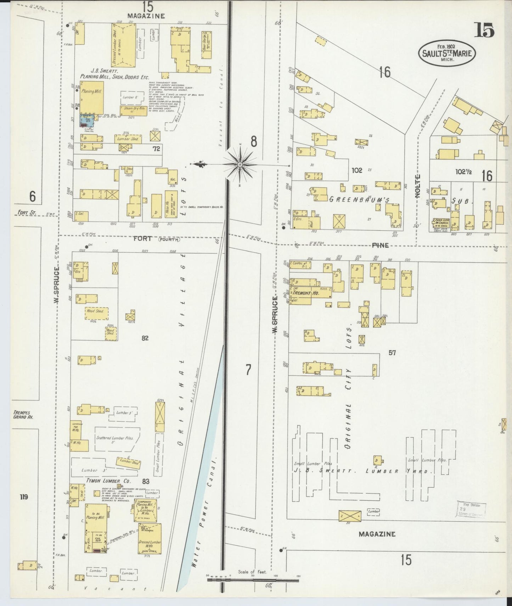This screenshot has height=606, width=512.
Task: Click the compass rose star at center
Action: (240, 165)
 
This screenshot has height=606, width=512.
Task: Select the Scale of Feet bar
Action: (253, 580)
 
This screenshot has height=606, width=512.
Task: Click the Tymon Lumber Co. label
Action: (108, 481)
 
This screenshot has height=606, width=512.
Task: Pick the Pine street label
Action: (380, 245)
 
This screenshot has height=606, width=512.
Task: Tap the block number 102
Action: (357, 170)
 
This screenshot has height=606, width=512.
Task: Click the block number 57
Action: (392, 353)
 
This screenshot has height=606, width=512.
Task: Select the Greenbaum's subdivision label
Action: (359, 200)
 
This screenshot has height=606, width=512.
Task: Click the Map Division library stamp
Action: (471, 510)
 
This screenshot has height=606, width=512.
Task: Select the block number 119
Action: (24, 497)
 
